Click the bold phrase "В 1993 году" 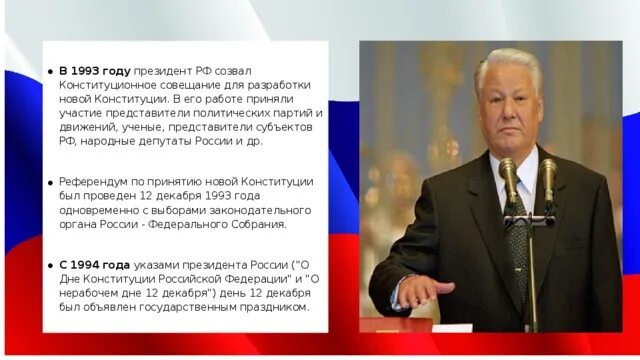[x=94, y=71]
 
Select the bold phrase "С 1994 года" [x=95, y=263]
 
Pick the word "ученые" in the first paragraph [x=139, y=127]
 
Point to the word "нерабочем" [x=90, y=292]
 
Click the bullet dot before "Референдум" [x=51, y=183]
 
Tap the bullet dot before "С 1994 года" [x=51, y=264]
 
